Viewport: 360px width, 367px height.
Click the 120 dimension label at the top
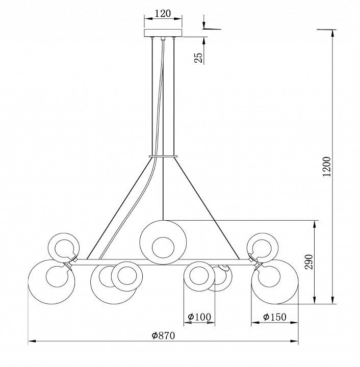[163, 14]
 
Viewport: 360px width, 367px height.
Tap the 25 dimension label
[198, 58]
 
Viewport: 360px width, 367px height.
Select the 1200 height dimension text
[327, 166]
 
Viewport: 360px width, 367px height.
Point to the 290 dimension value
[308, 262]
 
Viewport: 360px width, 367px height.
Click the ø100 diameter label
[199, 317]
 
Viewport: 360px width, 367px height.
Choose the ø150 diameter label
[274, 317]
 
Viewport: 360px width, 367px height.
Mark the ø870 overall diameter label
[163, 335]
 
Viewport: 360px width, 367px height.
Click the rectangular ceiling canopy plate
[163, 33]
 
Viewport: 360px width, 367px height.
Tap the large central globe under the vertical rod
[163, 243]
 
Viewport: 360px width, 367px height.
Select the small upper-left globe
[64, 247]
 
